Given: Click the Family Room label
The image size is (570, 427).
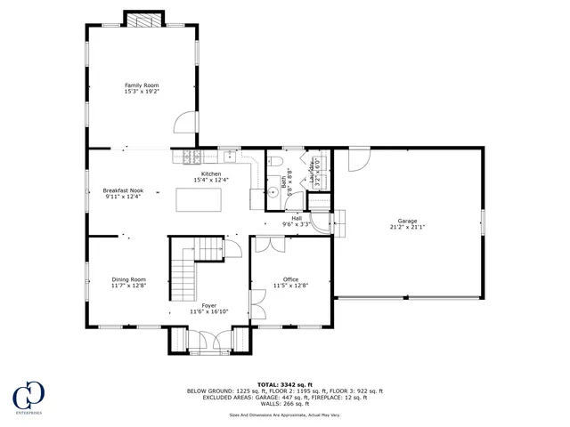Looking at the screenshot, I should [x=142, y=84].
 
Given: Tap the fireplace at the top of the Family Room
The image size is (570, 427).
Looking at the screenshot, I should [x=142, y=20].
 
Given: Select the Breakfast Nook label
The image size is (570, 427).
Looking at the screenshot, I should [x=123, y=190].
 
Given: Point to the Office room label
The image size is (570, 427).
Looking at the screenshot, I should [x=291, y=279].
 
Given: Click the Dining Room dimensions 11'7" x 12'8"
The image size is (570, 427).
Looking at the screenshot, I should [x=129, y=286].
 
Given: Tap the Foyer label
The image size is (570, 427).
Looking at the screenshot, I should [x=208, y=305].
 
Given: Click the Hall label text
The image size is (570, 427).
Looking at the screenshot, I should [x=296, y=217].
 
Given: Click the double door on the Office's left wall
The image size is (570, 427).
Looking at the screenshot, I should [x=256, y=304].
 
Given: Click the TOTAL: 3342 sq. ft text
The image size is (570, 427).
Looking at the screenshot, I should [x=284, y=383].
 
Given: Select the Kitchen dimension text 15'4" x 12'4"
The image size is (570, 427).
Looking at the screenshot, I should [x=211, y=181].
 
